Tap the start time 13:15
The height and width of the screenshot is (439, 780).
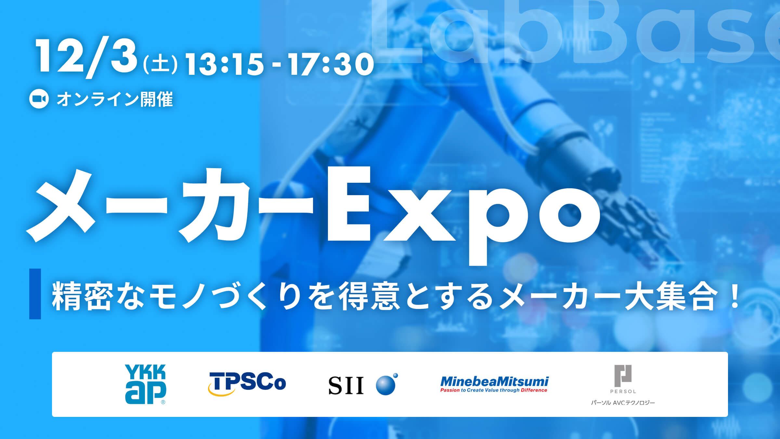click(x=224, y=64)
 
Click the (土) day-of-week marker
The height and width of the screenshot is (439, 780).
click(x=161, y=64)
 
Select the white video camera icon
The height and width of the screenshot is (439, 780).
click(x=39, y=99)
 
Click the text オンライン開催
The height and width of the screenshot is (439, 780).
click(x=115, y=99)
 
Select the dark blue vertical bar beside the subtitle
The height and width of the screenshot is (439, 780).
click(x=35, y=294)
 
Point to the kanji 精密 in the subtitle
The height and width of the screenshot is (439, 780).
click(x=83, y=296)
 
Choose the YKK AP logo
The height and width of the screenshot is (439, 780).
click(x=145, y=384)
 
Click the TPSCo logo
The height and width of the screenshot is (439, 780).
click(x=247, y=383)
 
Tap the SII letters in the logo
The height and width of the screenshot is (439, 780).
click(x=346, y=386)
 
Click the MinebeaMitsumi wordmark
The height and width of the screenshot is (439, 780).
click(x=494, y=381)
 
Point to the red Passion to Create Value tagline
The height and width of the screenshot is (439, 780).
click(x=494, y=390)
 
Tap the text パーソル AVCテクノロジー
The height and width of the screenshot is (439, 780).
click(x=623, y=403)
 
